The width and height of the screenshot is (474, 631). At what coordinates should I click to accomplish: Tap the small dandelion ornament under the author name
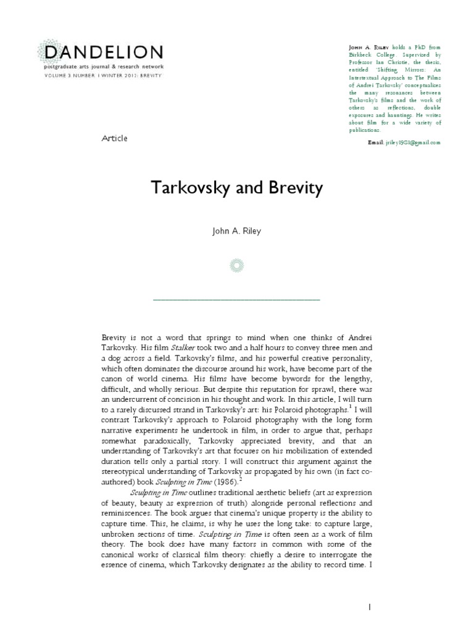point(237,266)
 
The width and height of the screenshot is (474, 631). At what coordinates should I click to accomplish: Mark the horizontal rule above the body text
point(237,299)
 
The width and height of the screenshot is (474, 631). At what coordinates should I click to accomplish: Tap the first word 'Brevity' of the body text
point(115,337)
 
